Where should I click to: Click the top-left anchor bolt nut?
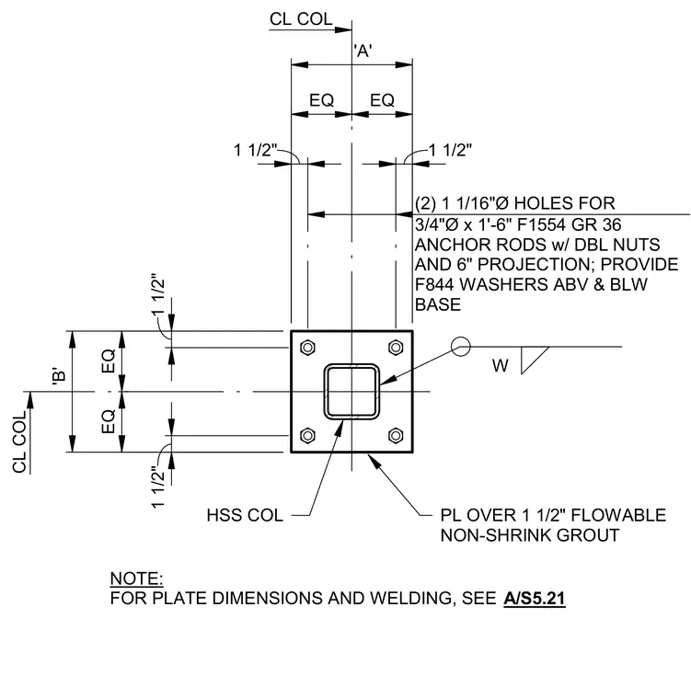[307, 348]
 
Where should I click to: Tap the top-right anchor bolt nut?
[396, 348]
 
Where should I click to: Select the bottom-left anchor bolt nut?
[307, 435]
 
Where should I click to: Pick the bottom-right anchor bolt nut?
[396, 435]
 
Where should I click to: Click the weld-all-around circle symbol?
[460, 347]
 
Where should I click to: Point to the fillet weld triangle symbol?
[531, 361]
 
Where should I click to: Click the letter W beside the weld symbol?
[500, 366]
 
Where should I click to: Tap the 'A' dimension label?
[363, 51]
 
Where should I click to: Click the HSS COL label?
[245, 515]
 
